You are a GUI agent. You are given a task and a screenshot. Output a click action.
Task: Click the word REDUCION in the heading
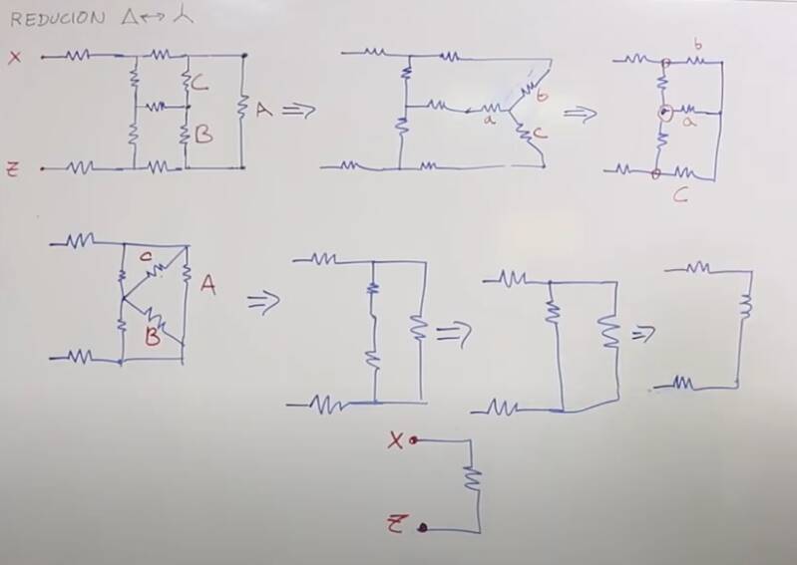pos(58,18)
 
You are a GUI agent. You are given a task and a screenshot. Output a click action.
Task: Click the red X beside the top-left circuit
pos(14,57)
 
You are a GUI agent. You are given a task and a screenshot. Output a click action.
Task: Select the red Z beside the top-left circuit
pos(14,168)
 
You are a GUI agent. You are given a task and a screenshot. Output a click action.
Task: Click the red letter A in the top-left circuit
pos(262,111)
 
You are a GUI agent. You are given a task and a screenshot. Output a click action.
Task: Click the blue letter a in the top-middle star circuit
pos(489,120)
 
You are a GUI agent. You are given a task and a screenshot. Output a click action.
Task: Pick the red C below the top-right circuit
pos(679,196)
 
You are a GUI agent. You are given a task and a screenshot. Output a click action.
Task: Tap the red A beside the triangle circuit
pos(207,286)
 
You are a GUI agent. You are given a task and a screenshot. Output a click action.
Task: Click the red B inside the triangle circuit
pos(153,337)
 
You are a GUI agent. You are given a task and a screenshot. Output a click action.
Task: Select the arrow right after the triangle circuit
pos(261,302)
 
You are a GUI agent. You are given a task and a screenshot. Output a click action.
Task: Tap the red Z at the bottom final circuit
pos(396,523)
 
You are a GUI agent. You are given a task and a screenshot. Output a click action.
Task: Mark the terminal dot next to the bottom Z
pos(423,527)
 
